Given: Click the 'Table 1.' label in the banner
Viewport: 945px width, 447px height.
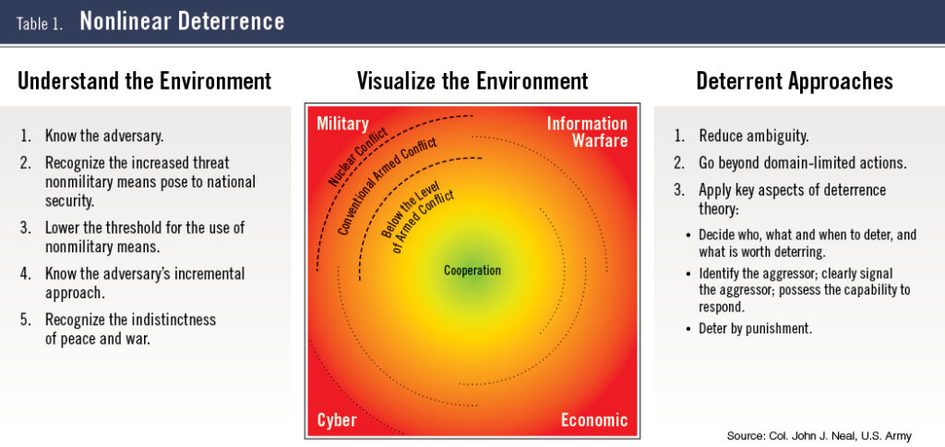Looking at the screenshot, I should pyautogui.click(x=39, y=23).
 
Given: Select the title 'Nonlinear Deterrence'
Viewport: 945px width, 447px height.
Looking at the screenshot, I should pyautogui.click(x=182, y=22).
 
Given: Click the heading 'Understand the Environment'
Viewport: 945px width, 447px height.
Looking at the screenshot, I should pyautogui.click(x=145, y=80).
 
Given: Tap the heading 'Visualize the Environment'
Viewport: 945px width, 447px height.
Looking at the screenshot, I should pyautogui.click(x=472, y=80).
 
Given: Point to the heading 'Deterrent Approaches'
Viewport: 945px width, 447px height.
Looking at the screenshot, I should pyautogui.click(x=794, y=80).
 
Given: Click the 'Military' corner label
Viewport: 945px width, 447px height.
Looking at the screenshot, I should pyautogui.click(x=342, y=124).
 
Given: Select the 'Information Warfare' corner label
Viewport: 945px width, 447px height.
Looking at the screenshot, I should pyautogui.click(x=588, y=132).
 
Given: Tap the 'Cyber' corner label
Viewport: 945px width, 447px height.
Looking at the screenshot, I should pyautogui.click(x=337, y=420).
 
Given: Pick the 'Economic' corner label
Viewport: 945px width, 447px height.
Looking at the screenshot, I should pyautogui.click(x=594, y=420).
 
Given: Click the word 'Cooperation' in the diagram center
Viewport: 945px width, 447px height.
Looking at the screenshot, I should pyautogui.click(x=472, y=271).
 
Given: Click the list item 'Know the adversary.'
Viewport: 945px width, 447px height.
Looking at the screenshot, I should pyautogui.click(x=104, y=136).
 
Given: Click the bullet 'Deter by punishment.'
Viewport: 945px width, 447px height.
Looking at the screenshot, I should pyautogui.click(x=755, y=328).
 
